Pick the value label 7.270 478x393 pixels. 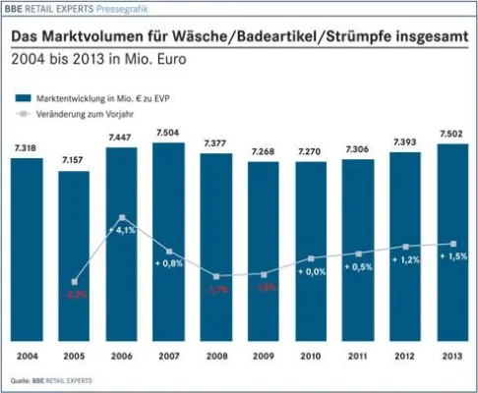[x=311, y=151]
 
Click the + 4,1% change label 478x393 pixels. [x=124, y=231]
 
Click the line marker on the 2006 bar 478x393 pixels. [x=122, y=217]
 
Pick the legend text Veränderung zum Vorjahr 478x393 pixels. [x=87, y=114]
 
